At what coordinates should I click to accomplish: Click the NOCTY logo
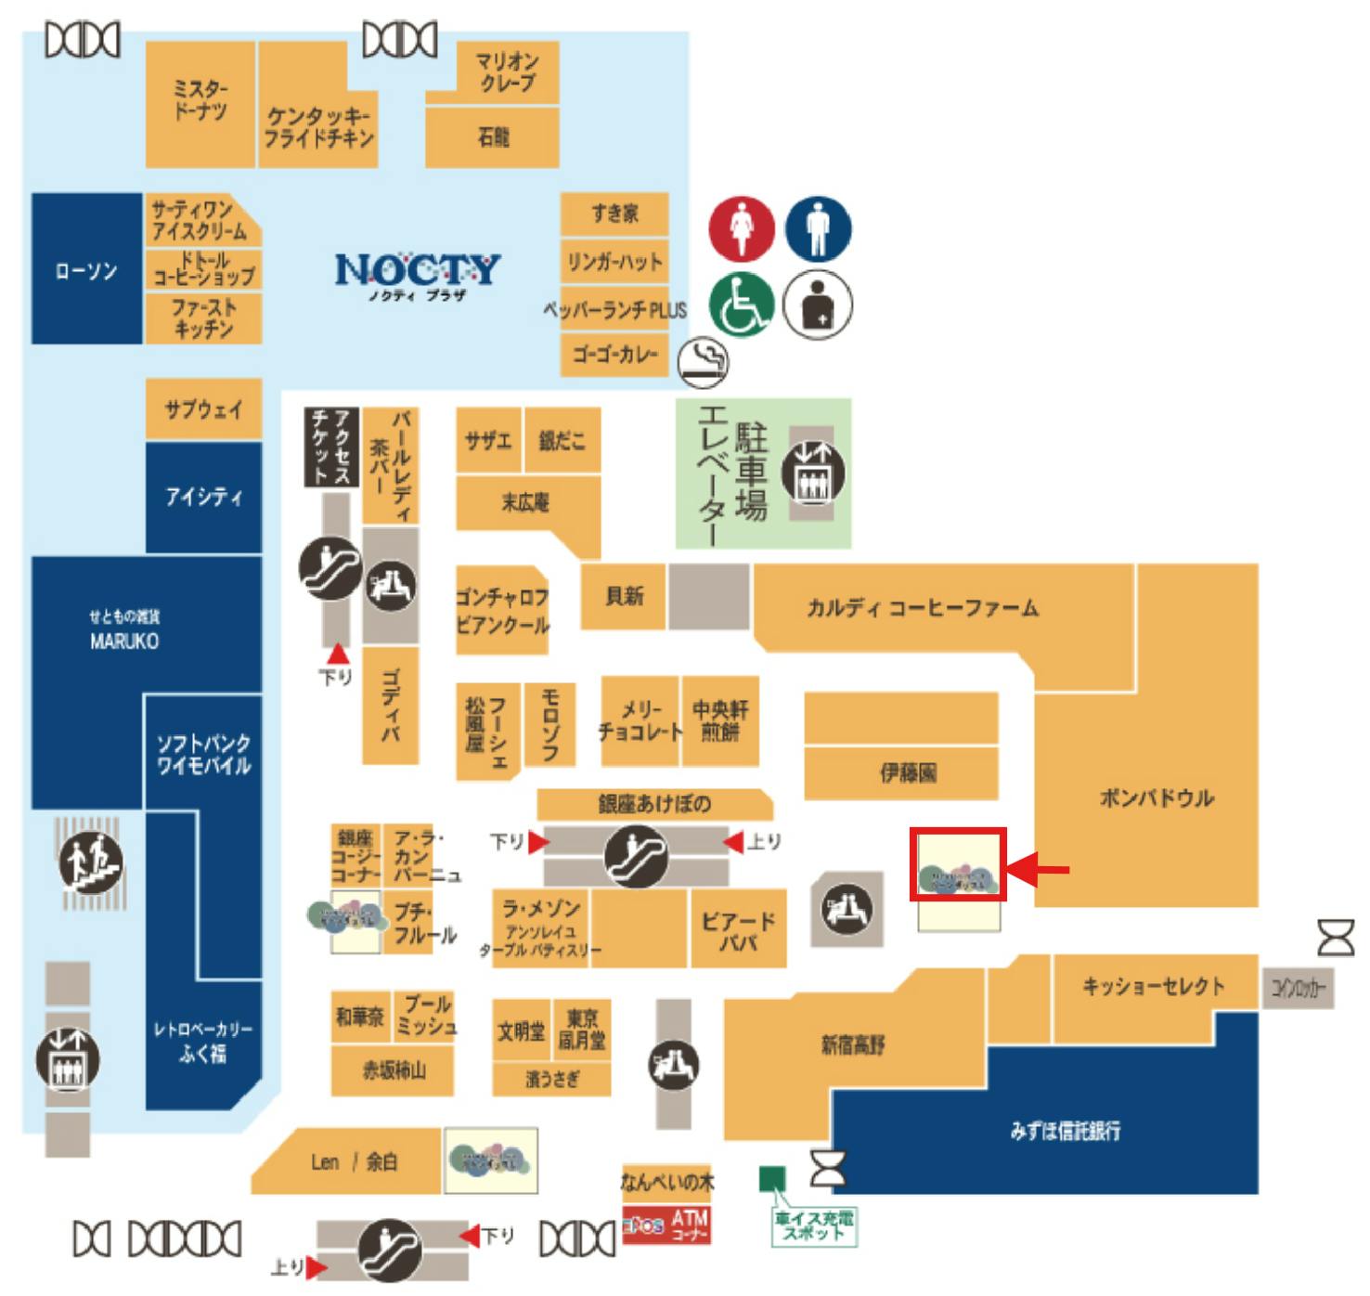click(417, 271)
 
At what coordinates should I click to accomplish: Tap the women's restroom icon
click(741, 227)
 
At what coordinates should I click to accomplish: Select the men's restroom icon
click(818, 227)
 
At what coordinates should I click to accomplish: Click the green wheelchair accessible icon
click(741, 305)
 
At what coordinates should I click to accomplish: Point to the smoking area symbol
click(703, 361)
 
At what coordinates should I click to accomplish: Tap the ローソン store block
click(86, 269)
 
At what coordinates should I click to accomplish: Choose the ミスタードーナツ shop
click(200, 102)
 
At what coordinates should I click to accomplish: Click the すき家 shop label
click(614, 214)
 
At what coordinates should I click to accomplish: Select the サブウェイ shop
click(203, 408)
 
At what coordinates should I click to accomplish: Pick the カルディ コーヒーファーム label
click(922, 608)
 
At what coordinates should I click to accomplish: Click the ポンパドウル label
click(1156, 797)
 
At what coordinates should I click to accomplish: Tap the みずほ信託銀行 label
click(1065, 1130)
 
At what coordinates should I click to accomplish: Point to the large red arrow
click(1038, 870)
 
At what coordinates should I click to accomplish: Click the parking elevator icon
click(812, 472)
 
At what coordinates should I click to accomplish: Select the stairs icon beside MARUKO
click(90, 863)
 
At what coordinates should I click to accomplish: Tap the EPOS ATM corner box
click(666, 1225)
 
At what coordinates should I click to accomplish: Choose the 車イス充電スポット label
click(813, 1225)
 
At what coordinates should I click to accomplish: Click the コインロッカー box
click(1298, 989)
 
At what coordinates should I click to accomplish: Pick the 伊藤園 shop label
click(907, 771)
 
